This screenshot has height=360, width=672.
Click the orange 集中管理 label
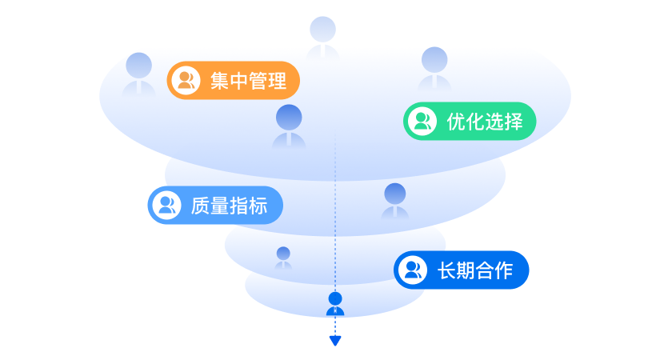[x=233, y=81]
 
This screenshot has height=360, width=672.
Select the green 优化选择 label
[x=468, y=122]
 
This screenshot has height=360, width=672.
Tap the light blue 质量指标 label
[x=216, y=206]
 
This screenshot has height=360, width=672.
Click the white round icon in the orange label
[x=186, y=81]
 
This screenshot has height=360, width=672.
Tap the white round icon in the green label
[x=422, y=122]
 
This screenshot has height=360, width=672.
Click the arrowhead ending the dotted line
[x=335, y=341]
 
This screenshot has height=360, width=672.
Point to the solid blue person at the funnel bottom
[x=335, y=304]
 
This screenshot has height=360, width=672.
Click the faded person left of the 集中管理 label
[x=139, y=74]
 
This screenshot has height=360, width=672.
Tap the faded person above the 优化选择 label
[x=434, y=68]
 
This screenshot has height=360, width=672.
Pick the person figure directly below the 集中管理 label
[x=289, y=126]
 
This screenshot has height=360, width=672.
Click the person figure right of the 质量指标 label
[x=395, y=201]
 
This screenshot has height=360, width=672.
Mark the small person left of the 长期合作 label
[x=283, y=258]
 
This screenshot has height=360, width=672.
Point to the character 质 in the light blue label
[x=199, y=206]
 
